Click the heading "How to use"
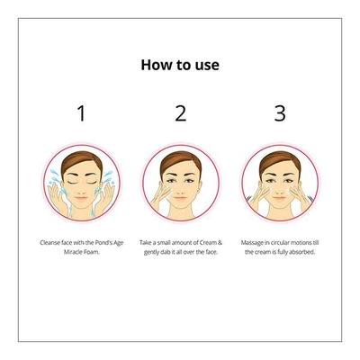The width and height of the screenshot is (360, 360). tap(180, 65)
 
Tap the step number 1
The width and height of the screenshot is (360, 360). tap(81, 113)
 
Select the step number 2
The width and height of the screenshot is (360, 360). tap(181, 113)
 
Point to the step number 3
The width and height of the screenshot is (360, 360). tap(280, 113)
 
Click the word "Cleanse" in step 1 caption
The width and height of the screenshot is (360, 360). tap(49, 242)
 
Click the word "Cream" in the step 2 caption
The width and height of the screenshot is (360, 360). tap(208, 242)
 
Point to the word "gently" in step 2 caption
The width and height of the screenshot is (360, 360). tap(152, 253)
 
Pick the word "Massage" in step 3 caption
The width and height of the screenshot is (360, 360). tap(251, 243)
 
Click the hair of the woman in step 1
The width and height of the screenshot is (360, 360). tap(82, 162)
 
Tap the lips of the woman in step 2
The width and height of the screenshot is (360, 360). tap(181, 198)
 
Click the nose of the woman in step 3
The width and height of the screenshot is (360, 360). tap(280, 188)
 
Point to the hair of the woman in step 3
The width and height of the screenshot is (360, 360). tap(280, 162)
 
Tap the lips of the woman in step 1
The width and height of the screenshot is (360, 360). tap(81, 198)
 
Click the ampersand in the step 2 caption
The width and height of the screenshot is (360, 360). tap(220, 242)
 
